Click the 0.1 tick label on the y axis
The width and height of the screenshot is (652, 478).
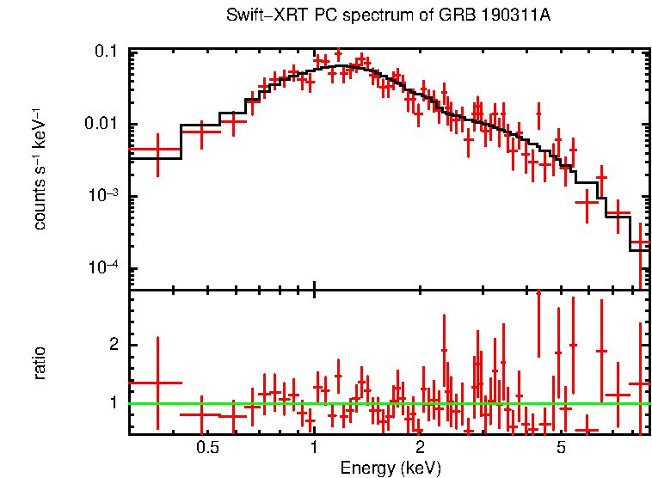[x=106, y=52]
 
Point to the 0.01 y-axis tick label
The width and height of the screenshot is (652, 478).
[x=101, y=125]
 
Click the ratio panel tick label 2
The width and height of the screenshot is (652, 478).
[x=112, y=345]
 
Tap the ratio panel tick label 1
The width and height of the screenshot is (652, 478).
[x=112, y=402]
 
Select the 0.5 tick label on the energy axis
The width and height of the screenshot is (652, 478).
[x=206, y=448]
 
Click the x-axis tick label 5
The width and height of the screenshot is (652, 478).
[x=561, y=448]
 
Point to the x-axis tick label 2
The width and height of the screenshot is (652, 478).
[x=420, y=448]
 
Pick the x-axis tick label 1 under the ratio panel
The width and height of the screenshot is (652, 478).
[x=313, y=448]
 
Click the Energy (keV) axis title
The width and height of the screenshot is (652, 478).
[x=391, y=468]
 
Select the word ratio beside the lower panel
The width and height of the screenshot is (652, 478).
[x=40, y=363]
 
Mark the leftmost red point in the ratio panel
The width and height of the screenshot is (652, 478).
[x=157, y=383]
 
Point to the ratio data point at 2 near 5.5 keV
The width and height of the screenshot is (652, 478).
[x=573, y=345]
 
